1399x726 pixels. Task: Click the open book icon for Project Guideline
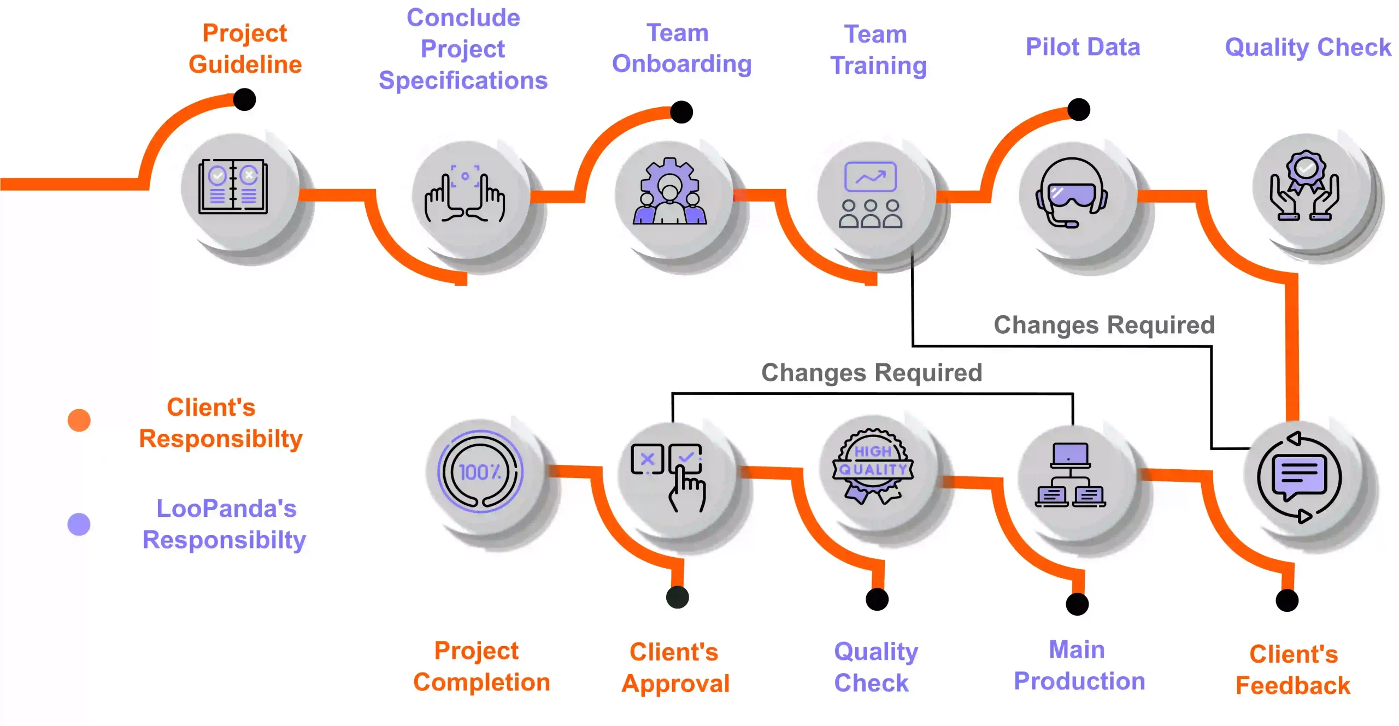click(233, 186)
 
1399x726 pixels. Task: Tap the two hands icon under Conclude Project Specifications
click(465, 194)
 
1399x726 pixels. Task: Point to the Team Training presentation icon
click(871, 194)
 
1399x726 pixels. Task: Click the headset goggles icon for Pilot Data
click(1072, 193)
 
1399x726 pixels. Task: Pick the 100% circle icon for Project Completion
click(480, 471)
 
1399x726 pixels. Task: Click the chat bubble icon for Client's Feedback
click(1299, 477)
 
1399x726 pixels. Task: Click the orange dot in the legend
click(79, 420)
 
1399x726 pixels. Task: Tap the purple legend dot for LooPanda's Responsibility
click(79, 524)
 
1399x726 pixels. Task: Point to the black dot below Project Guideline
click(244, 99)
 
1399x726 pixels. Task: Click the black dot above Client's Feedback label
click(1287, 600)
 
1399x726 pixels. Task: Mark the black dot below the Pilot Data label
click(1079, 109)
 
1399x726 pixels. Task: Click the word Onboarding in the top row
click(681, 64)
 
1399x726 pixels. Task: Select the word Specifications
click(463, 81)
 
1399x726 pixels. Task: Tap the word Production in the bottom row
click(1079, 681)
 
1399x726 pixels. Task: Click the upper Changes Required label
click(1104, 325)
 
